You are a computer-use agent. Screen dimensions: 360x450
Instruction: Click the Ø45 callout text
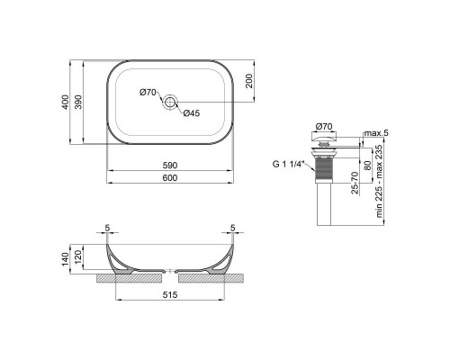[191, 113]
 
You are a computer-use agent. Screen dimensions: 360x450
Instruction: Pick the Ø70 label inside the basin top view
[148, 94]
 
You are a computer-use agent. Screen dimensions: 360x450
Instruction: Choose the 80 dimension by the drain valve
[365, 163]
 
